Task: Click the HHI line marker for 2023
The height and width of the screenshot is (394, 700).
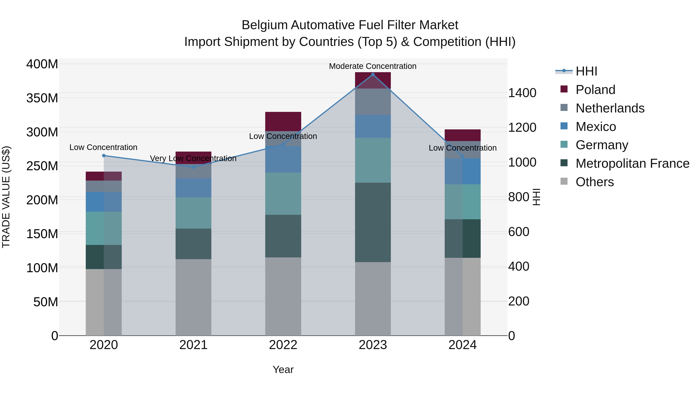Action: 373,75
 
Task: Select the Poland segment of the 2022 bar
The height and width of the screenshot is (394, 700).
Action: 283,121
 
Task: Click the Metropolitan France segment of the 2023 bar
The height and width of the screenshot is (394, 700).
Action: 373,222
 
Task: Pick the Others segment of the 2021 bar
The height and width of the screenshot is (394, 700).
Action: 193,297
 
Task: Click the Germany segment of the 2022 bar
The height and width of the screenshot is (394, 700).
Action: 283,194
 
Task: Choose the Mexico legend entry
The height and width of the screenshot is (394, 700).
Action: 595,127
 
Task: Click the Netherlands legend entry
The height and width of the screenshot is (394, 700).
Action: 610,108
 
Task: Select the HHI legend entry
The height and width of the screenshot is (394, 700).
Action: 586,71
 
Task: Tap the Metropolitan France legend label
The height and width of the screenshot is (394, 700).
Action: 632,163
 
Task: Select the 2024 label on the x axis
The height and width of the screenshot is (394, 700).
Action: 463,345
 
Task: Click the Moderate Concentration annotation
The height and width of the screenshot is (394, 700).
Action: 373,66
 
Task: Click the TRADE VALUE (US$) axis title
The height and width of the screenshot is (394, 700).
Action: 6,197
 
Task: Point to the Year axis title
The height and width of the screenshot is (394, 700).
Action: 283,369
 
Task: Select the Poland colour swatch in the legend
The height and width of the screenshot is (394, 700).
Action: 564,89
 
